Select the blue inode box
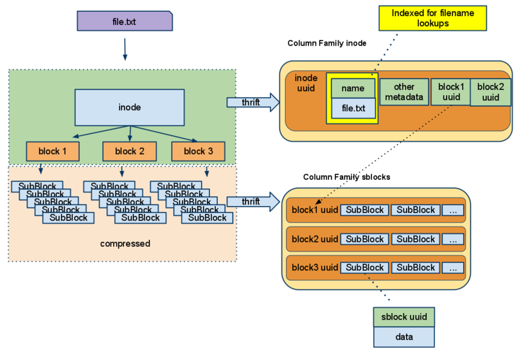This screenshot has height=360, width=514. (130, 107)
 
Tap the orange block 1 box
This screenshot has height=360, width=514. (53, 152)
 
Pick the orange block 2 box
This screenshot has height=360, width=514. (130, 152)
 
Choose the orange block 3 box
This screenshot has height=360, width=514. (199, 152)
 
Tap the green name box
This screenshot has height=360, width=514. (353, 89)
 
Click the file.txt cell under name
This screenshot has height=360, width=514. (353, 109)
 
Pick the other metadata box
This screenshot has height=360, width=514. (404, 92)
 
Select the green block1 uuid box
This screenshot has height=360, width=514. (450, 92)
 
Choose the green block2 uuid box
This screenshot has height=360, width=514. (490, 92)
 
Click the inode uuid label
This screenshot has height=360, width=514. (306, 83)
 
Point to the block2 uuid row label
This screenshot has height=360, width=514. (315, 239)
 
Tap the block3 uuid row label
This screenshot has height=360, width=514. (315, 267)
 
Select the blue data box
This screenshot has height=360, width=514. (404, 337)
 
